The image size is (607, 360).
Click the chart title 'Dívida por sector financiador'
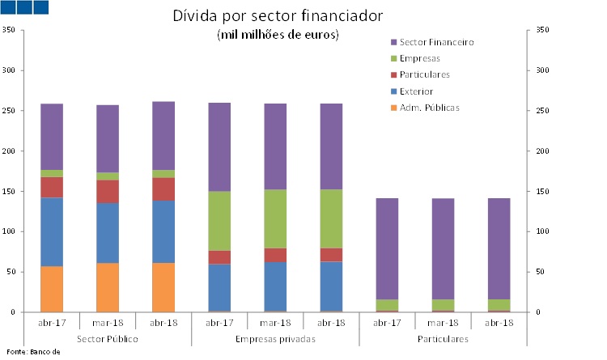278,16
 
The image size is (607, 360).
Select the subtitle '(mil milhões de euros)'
278,35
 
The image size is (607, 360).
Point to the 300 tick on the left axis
10,71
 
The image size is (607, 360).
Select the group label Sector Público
108,338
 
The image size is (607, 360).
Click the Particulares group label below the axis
443,338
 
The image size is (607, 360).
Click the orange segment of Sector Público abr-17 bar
52,289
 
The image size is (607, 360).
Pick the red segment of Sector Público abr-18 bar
163,188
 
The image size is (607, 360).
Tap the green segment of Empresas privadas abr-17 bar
219,221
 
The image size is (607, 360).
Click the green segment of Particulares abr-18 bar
499,304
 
